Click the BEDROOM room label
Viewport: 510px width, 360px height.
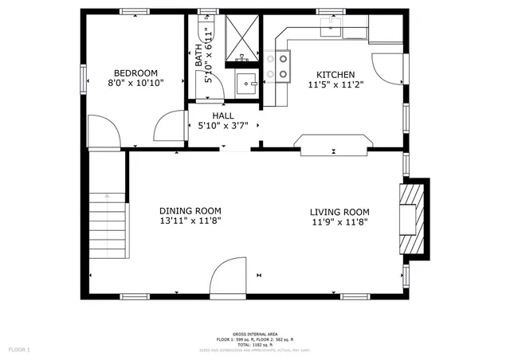(135, 72)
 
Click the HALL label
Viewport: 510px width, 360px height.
(223, 116)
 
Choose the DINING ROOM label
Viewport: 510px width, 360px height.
(190, 211)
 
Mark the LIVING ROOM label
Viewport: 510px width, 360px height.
(339, 211)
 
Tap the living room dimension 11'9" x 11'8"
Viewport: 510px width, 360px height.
(339, 222)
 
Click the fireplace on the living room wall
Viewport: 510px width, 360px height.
(412, 217)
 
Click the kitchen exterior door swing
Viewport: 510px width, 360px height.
(387, 68)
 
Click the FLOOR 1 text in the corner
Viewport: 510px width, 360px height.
(19, 349)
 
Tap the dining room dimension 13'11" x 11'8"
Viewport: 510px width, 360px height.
(190, 222)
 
